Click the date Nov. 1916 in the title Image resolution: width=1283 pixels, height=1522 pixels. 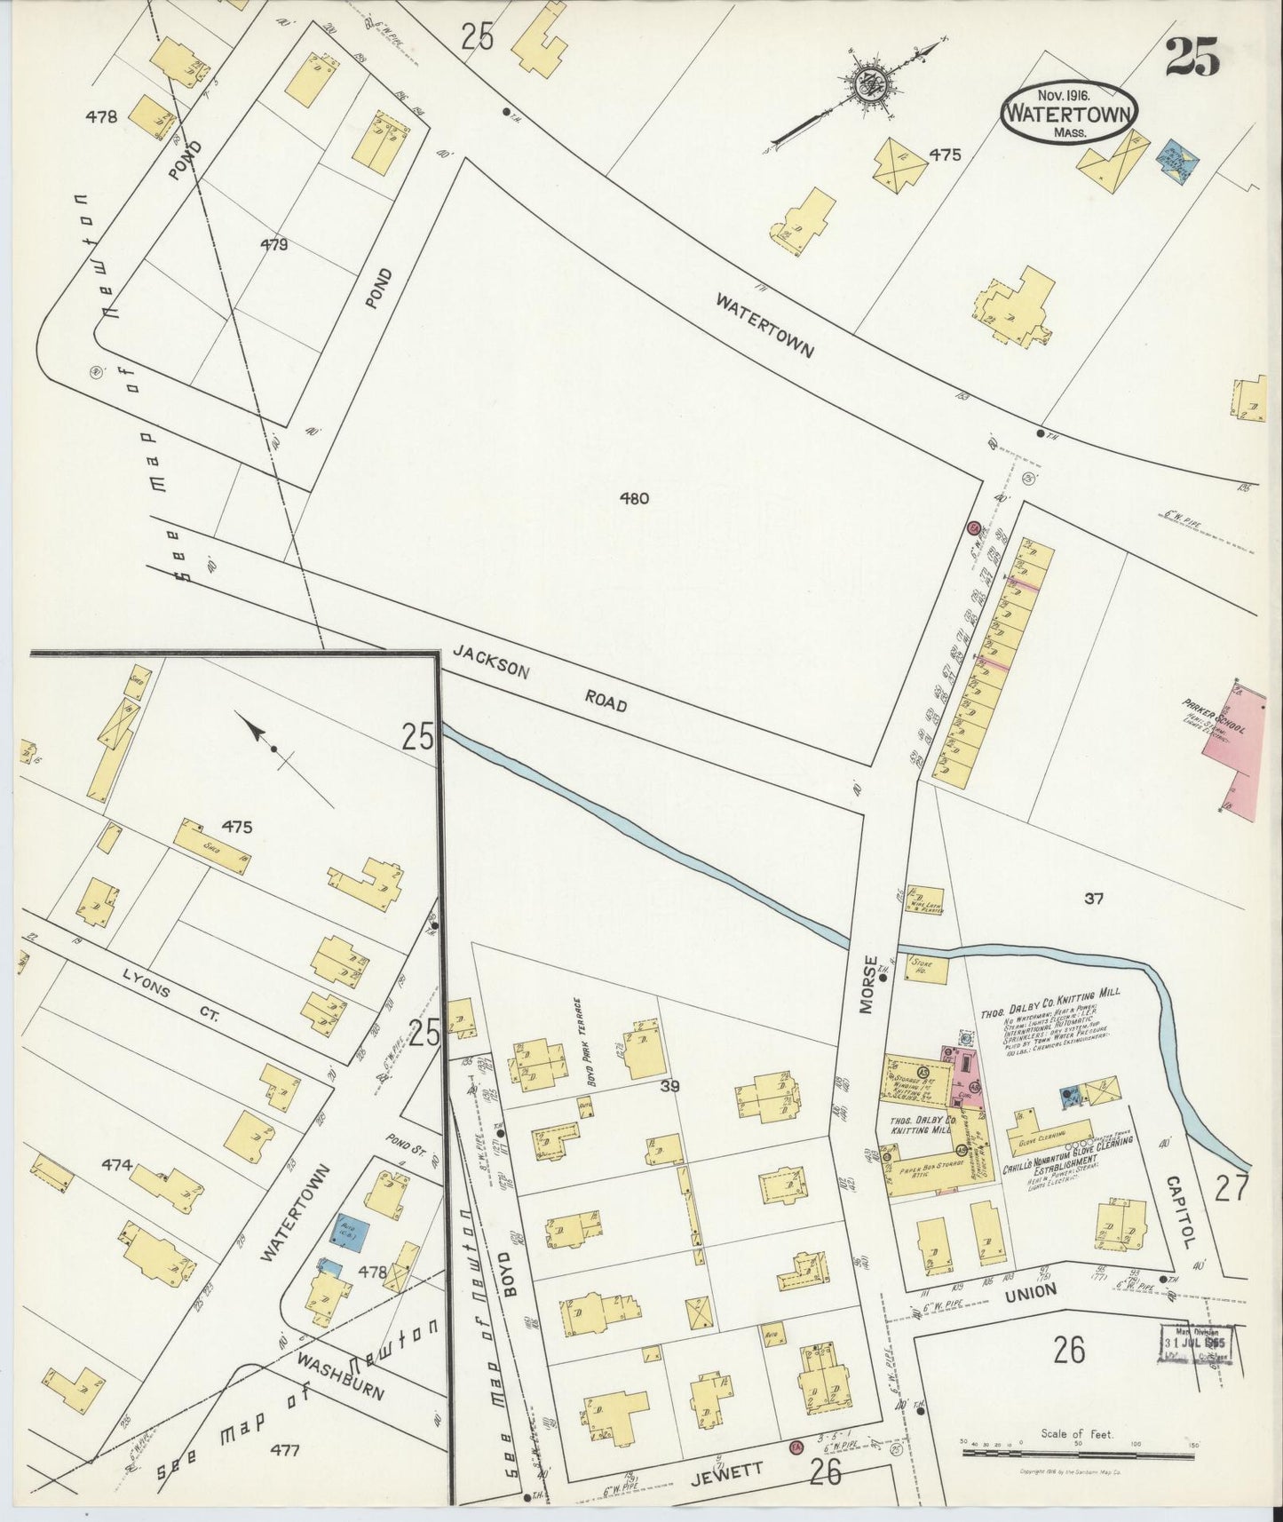(x=1066, y=92)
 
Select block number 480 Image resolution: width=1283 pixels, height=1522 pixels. (x=634, y=498)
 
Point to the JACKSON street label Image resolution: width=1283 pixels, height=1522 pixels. (x=491, y=662)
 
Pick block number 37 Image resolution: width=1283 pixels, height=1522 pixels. (x=1093, y=899)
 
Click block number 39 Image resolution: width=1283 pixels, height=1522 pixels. (x=669, y=1086)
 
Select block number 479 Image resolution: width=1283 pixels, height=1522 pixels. (x=273, y=245)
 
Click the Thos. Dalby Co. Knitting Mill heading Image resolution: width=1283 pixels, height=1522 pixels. (x=1050, y=995)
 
